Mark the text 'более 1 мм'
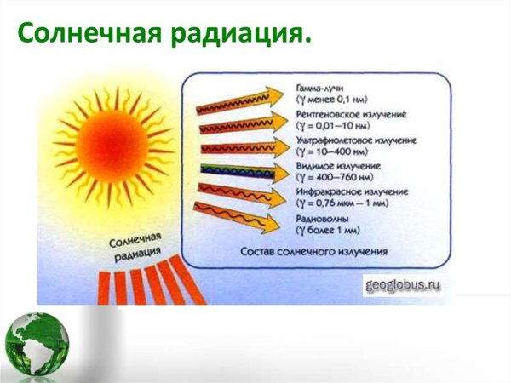[337, 230]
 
